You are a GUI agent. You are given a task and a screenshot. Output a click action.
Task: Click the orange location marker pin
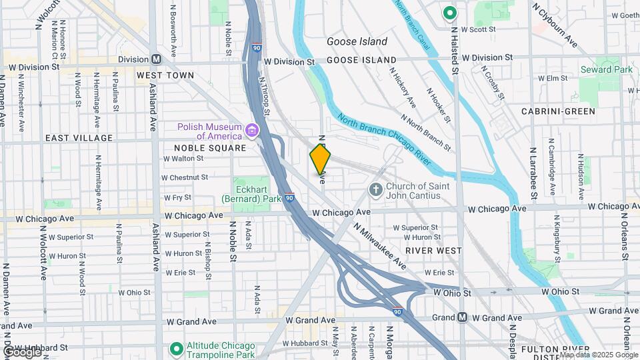321,159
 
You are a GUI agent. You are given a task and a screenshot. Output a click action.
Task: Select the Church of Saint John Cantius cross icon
376,190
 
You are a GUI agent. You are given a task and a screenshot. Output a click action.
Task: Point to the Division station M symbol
157,59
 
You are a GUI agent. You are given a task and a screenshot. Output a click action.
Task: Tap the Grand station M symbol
463,317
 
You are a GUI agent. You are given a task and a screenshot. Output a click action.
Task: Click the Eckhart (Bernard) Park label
251,192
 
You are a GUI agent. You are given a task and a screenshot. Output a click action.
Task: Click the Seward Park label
606,69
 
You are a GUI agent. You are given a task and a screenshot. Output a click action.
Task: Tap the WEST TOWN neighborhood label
165,75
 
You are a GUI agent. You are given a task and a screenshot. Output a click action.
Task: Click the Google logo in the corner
21,351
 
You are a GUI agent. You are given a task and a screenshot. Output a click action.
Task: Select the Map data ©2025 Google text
597,354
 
